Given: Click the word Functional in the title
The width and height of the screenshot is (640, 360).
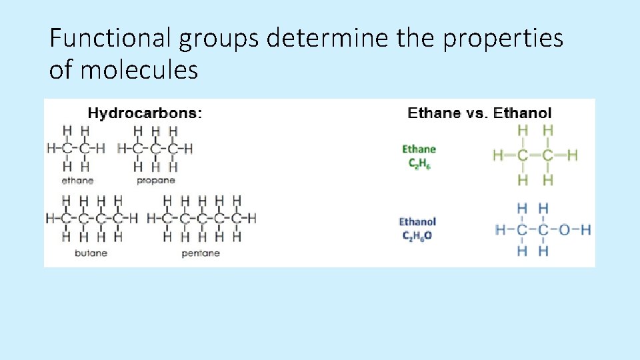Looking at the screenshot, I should click(x=110, y=39).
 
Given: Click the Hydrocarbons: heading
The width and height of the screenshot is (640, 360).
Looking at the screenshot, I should click(x=145, y=113).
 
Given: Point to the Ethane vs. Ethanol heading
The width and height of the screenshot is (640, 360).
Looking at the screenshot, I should click(x=479, y=113).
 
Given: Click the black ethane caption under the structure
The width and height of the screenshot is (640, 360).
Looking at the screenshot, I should click(x=77, y=180).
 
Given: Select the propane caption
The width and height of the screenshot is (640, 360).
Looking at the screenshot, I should click(x=155, y=180).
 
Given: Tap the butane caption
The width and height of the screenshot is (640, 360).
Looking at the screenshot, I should click(x=91, y=253).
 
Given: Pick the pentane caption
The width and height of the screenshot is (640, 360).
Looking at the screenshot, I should click(x=201, y=253).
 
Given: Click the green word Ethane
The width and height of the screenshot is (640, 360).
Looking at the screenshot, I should click(x=419, y=149).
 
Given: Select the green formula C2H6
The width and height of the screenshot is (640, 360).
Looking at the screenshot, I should click(x=419, y=163).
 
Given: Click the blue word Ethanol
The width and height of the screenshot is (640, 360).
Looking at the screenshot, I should click(x=417, y=221).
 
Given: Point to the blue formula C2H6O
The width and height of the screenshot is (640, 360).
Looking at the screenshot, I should click(x=417, y=235).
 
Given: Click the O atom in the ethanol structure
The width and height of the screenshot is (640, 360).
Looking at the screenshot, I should click(x=564, y=230).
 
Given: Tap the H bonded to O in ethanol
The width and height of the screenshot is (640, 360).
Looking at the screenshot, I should click(x=585, y=230).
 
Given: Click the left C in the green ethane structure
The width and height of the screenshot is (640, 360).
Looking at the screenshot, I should click(x=523, y=156).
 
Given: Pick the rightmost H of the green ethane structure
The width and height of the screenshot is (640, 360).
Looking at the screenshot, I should click(x=572, y=156).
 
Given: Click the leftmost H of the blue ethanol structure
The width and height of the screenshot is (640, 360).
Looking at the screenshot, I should click(x=501, y=230).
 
